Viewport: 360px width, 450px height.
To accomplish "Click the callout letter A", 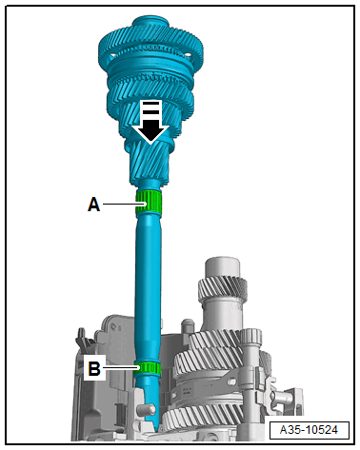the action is [93, 205].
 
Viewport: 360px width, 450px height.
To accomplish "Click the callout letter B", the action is [94, 368].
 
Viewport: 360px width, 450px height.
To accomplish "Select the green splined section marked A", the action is [149, 203].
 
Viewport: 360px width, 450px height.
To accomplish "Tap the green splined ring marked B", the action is [147, 367].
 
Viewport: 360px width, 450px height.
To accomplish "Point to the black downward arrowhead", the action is [150, 130].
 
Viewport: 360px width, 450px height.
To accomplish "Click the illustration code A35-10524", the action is [309, 430].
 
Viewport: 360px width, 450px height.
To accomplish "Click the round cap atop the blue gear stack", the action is [150, 23].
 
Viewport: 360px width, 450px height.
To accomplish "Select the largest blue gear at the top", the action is [150, 48].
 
